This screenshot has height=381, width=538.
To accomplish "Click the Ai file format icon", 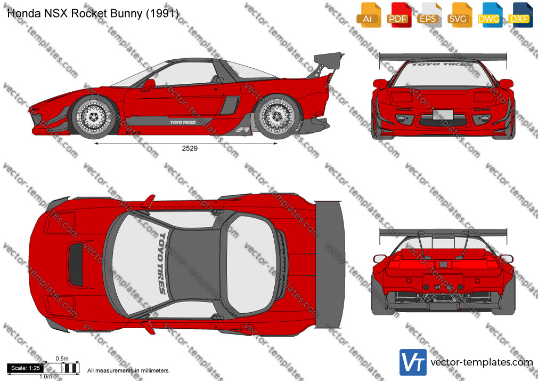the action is pyautogui.click(x=369, y=15).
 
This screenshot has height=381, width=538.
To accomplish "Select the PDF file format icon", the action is pyautogui.click(x=399, y=15).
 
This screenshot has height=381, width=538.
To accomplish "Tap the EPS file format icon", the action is pyautogui.click(x=429, y=15).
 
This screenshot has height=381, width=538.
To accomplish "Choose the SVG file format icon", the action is pyautogui.click(x=459, y=15).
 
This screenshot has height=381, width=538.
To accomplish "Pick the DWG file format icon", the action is pyautogui.click(x=490, y=15).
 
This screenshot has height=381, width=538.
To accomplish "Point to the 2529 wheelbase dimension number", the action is pyautogui.click(x=190, y=148).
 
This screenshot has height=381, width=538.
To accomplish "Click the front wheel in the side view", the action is pyautogui.click(x=94, y=117).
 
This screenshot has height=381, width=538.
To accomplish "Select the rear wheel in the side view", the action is pyautogui.click(x=277, y=117).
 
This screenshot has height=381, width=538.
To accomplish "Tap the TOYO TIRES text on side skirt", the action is pyautogui.click(x=183, y=122).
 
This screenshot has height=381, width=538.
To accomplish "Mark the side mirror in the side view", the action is pyautogui.click(x=148, y=85).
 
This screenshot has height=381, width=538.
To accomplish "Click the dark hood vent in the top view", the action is pyautogui.click(x=76, y=265).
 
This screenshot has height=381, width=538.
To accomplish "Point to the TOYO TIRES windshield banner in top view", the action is pyautogui.click(x=162, y=264).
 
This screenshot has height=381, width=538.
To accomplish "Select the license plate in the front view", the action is pyautogui.click(x=443, y=115).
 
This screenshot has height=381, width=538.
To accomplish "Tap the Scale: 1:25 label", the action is pyautogui.click(x=26, y=368).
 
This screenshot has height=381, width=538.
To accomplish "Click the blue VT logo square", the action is pyautogui.click(x=413, y=362).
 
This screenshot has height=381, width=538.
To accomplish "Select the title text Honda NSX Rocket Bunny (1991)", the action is pyautogui.click(x=93, y=13).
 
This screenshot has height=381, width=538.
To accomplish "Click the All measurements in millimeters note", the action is pyautogui.click(x=129, y=371).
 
